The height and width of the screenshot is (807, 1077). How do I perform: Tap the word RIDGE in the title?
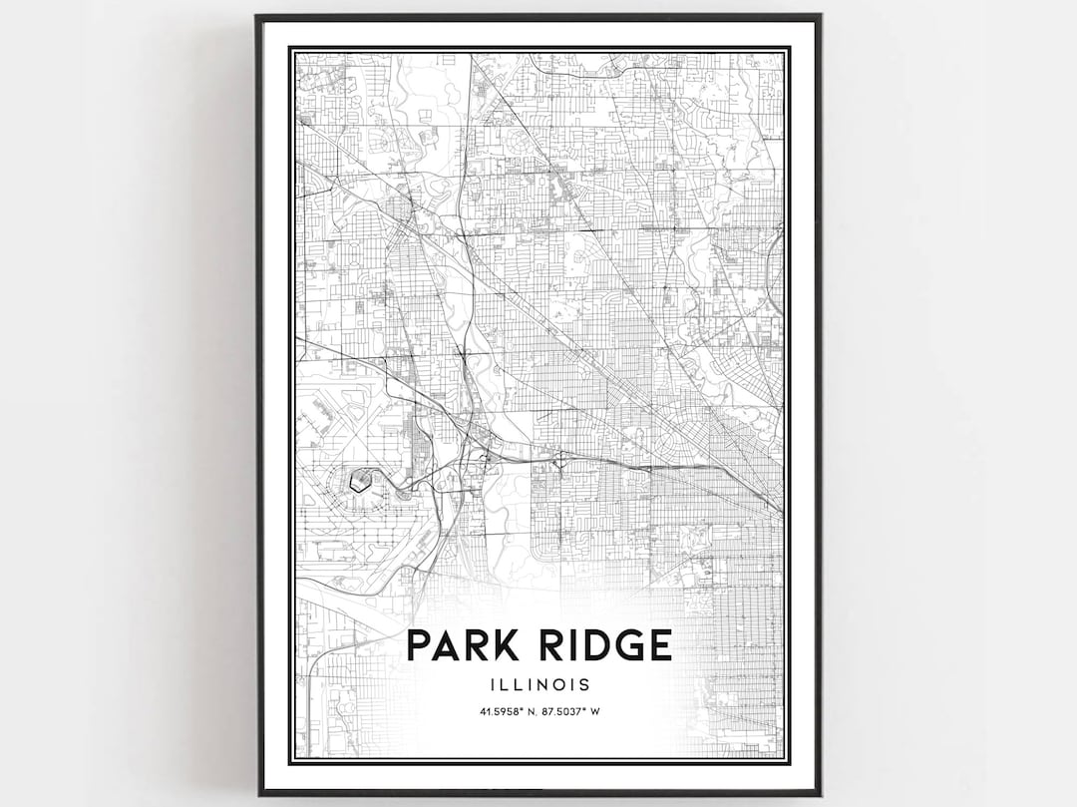601,645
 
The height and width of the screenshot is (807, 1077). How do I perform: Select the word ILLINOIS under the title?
538,685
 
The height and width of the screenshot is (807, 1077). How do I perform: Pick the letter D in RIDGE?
590,645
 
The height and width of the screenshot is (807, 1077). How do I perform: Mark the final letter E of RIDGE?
659,645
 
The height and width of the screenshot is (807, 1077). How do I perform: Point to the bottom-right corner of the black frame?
820,793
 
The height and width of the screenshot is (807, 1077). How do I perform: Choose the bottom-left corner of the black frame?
257,793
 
